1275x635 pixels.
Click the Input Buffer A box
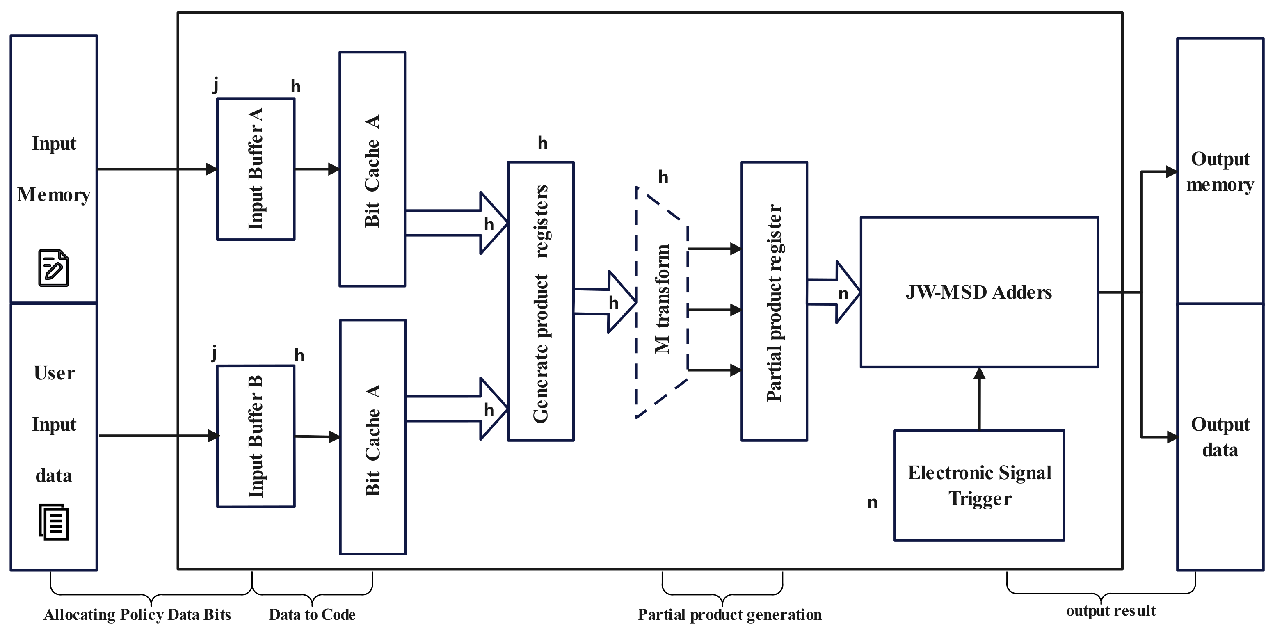coord(256,169)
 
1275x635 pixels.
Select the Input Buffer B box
coord(256,436)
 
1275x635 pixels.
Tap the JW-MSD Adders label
coord(978,292)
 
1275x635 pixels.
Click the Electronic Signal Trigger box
coord(978,486)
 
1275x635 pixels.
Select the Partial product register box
coord(774,301)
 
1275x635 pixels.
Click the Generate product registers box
coord(541,301)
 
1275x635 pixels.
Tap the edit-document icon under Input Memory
coord(53,268)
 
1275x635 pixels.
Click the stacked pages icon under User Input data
coord(53,522)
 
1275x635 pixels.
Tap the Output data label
coord(1220,437)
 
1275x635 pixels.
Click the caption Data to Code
coord(312,614)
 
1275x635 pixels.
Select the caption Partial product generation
coord(729,614)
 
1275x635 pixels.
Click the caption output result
coord(1110,611)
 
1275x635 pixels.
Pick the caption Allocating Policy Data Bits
coord(137,614)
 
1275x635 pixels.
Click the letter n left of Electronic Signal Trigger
coord(872,503)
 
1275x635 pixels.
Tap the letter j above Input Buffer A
coord(215,85)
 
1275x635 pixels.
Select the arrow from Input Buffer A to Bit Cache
coord(317,169)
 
